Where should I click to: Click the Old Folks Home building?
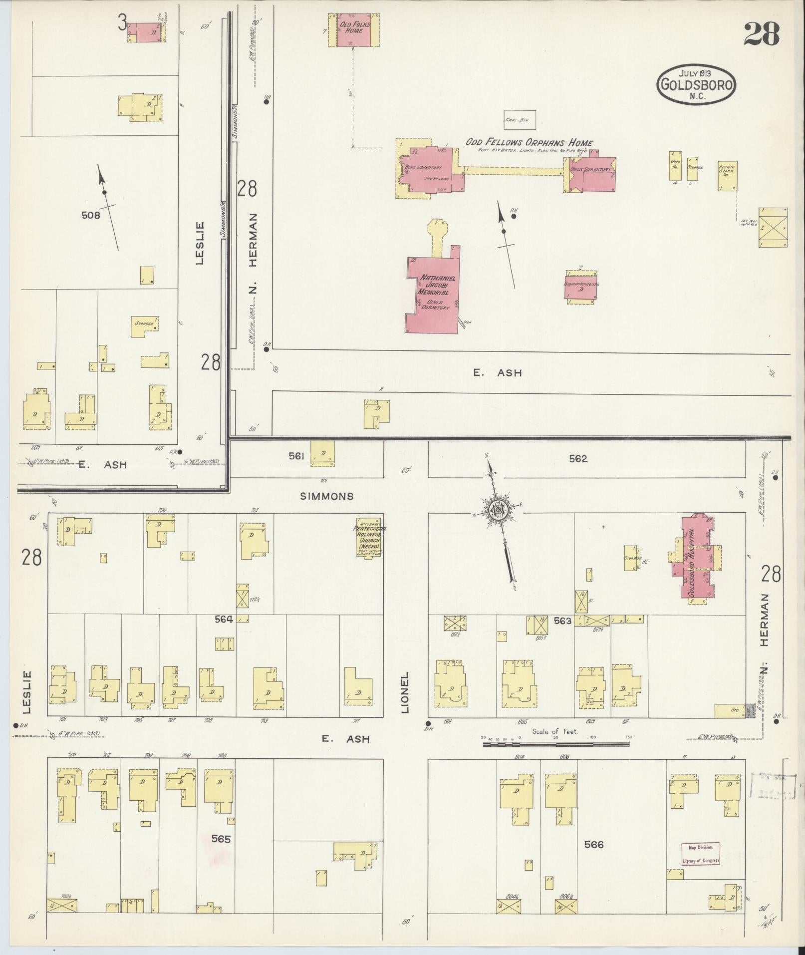[x=353, y=30]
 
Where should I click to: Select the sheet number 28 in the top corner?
[x=762, y=34]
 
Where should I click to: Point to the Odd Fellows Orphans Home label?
[x=529, y=143]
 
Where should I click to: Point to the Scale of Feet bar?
[x=555, y=744]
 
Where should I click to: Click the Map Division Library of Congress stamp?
[x=701, y=854]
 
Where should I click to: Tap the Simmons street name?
[x=327, y=496]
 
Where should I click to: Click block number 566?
[x=593, y=845]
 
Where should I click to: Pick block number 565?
[x=221, y=839]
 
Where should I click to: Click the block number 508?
[x=91, y=216]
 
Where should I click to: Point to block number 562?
[x=578, y=458]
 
